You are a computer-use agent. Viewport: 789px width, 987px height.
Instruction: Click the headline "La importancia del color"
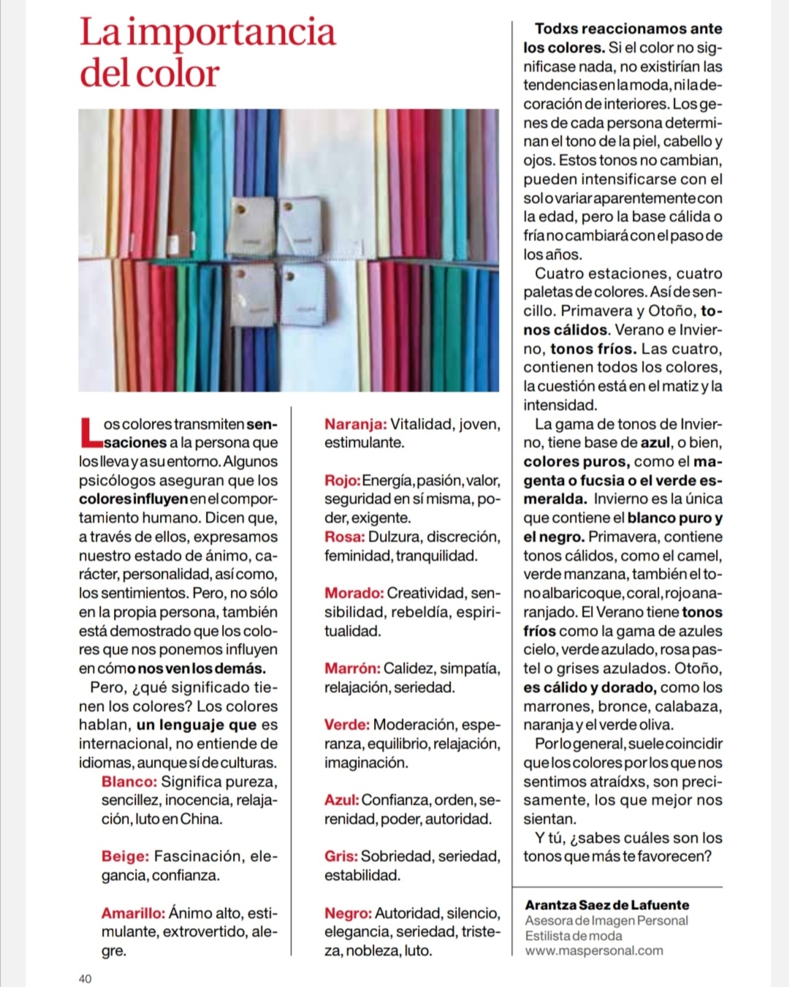[207, 53]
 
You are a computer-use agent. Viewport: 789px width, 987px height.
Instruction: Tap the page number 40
[85, 978]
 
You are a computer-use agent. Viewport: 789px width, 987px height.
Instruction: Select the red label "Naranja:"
[355, 424]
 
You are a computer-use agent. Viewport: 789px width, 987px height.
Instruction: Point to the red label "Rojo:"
[342, 480]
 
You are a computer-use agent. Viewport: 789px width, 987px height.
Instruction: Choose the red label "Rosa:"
[344, 537]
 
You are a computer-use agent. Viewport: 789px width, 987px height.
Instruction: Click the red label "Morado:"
[354, 593]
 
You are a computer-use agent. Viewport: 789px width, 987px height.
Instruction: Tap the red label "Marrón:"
[352, 668]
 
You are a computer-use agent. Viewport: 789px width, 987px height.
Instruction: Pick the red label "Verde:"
[347, 725]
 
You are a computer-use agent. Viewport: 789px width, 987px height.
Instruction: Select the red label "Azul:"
[341, 800]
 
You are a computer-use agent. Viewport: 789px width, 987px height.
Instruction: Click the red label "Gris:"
[340, 856]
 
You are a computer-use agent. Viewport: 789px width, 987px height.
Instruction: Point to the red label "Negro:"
[348, 913]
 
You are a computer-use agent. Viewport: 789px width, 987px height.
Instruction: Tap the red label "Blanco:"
[129, 782]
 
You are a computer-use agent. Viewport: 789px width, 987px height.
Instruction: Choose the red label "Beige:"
[125, 856]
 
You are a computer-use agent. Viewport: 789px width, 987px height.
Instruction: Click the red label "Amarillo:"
[133, 913]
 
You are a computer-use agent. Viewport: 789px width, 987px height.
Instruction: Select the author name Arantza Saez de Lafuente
[606, 905]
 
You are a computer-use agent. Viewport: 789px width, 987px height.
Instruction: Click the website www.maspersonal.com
[594, 951]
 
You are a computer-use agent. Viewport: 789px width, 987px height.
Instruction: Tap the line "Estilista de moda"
[573, 936]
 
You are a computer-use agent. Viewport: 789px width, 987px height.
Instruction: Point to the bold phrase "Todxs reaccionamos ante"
[628, 29]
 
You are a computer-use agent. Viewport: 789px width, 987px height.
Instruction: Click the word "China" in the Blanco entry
[201, 819]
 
